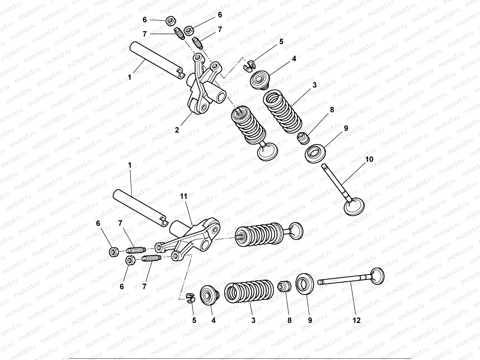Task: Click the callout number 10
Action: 369,159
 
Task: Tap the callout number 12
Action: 356,320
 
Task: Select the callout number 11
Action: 184,196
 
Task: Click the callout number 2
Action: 177,130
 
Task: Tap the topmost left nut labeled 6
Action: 170,22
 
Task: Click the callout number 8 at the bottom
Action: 289,320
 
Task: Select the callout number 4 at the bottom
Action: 213,320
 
